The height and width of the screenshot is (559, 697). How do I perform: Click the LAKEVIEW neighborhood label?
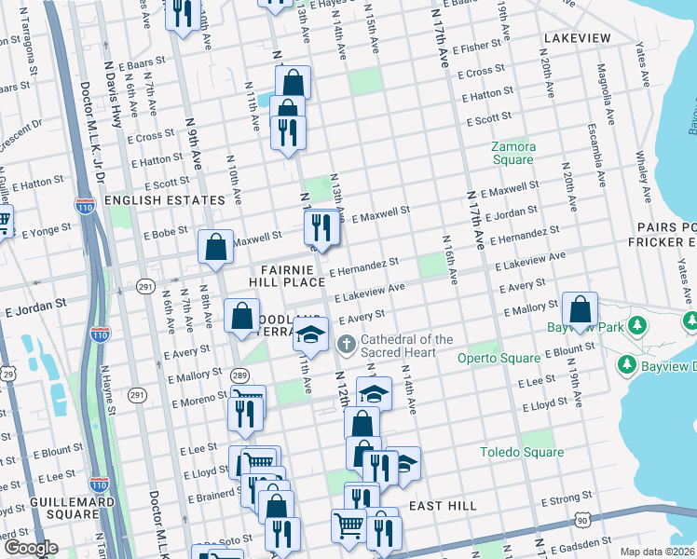click(577, 38)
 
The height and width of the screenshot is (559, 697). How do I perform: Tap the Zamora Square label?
click(513, 153)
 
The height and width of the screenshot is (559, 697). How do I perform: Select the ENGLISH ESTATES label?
click(165, 200)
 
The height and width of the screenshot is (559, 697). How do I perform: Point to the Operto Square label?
click(499, 358)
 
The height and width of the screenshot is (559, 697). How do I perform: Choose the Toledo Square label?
click(522, 452)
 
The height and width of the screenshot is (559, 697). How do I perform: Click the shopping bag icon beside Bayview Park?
click(580, 312)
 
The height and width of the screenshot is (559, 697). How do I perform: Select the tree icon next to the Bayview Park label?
click(637, 327)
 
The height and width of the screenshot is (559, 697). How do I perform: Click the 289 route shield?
click(239, 375)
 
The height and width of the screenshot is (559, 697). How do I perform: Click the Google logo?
click(31, 548)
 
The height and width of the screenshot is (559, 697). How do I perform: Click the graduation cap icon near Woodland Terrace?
click(310, 334)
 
